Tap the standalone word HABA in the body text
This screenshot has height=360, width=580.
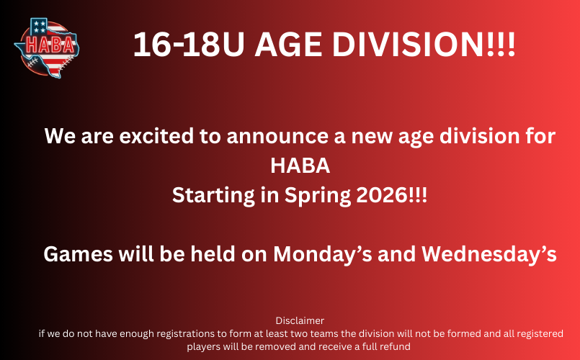click(300, 166)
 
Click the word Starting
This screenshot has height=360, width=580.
click(213, 195)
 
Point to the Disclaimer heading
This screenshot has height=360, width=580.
click(300, 320)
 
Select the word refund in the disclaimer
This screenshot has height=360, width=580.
click(396, 346)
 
